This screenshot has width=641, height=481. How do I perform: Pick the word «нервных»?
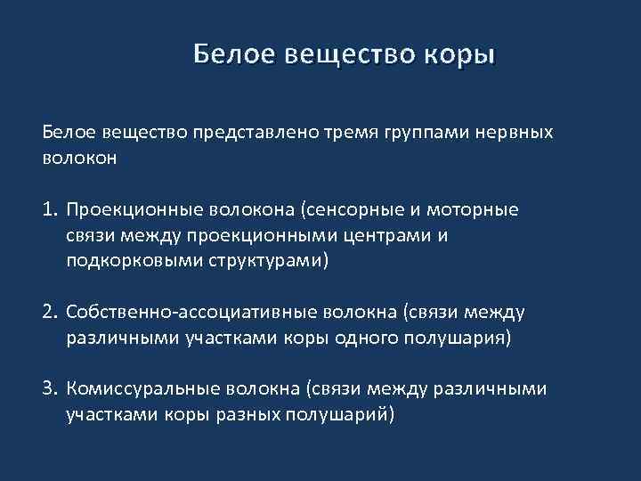[x=515, y=133]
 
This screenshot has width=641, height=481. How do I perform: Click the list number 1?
[x=48, y=210]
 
